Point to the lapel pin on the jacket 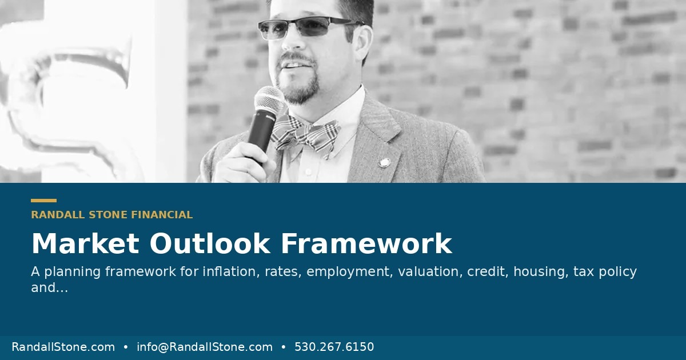coord(384,162)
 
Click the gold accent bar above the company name coord(44,201)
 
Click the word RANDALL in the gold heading coord(58,215)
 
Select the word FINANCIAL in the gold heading coord(162,215)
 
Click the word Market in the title coord(85,243)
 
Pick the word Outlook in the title coord(210,243)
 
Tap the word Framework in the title coord(366,243)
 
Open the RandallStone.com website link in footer coord(63,347)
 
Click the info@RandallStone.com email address coord(205,347)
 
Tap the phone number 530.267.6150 coord(334,347)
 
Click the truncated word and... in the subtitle coord(50,287)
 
